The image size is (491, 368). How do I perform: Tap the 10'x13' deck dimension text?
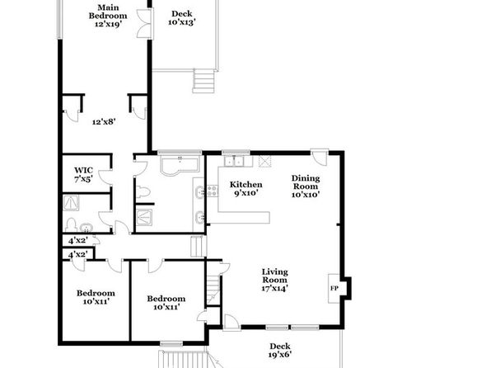pos(182,22)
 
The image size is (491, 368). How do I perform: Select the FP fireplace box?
pos(334,288)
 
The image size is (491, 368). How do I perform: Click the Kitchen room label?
pos(245,185)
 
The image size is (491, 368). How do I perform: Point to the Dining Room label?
pos(306,182)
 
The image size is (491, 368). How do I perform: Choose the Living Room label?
pos(275,276)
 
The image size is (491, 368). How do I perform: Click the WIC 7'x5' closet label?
pos(83,175)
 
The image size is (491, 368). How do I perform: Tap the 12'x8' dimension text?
pos(105,122)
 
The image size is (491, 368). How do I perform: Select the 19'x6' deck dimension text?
pos(280,355)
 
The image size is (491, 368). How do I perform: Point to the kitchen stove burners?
pos(213,191)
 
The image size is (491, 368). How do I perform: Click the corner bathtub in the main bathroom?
pos(180,165)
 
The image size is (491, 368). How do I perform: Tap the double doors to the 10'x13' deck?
pos(145,24)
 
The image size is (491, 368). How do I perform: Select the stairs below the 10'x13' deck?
pos(203,81)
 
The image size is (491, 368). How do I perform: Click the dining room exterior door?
pos(320,157)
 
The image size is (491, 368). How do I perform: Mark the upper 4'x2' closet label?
pos(78,241)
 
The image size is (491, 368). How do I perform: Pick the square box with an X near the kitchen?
pos(265,161)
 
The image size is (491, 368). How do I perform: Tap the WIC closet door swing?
pos(105,178)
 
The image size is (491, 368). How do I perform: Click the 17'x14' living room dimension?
pos(275,288)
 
